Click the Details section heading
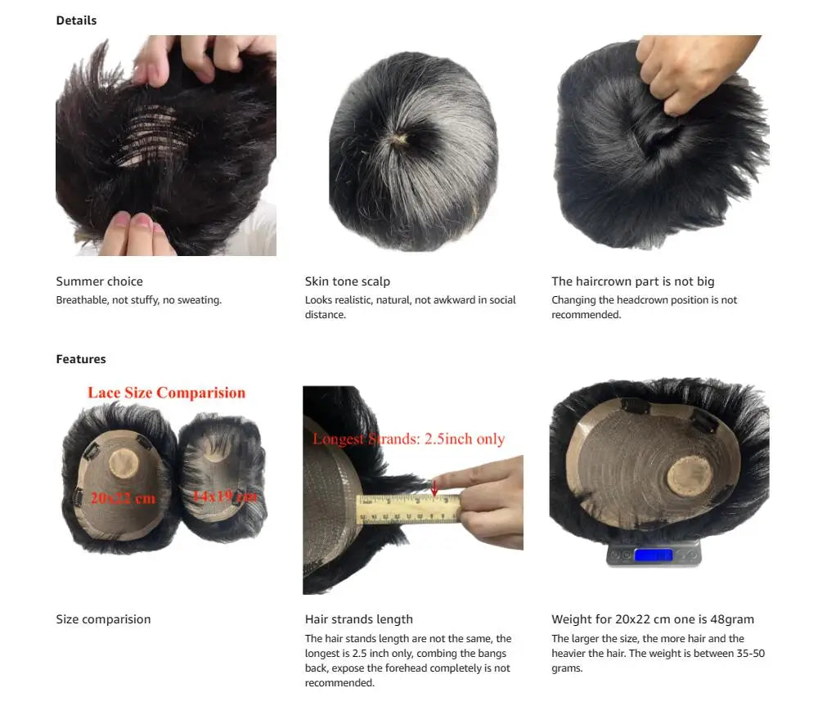pos(76,20)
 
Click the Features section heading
pos(81,359)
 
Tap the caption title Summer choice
pos(99,281)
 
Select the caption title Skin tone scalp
pos(348,281)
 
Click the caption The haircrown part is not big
pos(633,281)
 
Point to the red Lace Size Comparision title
pos(166,393)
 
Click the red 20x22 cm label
pos(123,497)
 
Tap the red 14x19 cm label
pos(224,496)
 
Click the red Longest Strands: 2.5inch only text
pos(408,439)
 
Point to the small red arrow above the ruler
pos(434,489)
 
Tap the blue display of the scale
pos(653,555)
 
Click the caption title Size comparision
pos(103,619)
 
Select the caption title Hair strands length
pos(359,619)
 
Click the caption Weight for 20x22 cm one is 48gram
pos(653,619)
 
